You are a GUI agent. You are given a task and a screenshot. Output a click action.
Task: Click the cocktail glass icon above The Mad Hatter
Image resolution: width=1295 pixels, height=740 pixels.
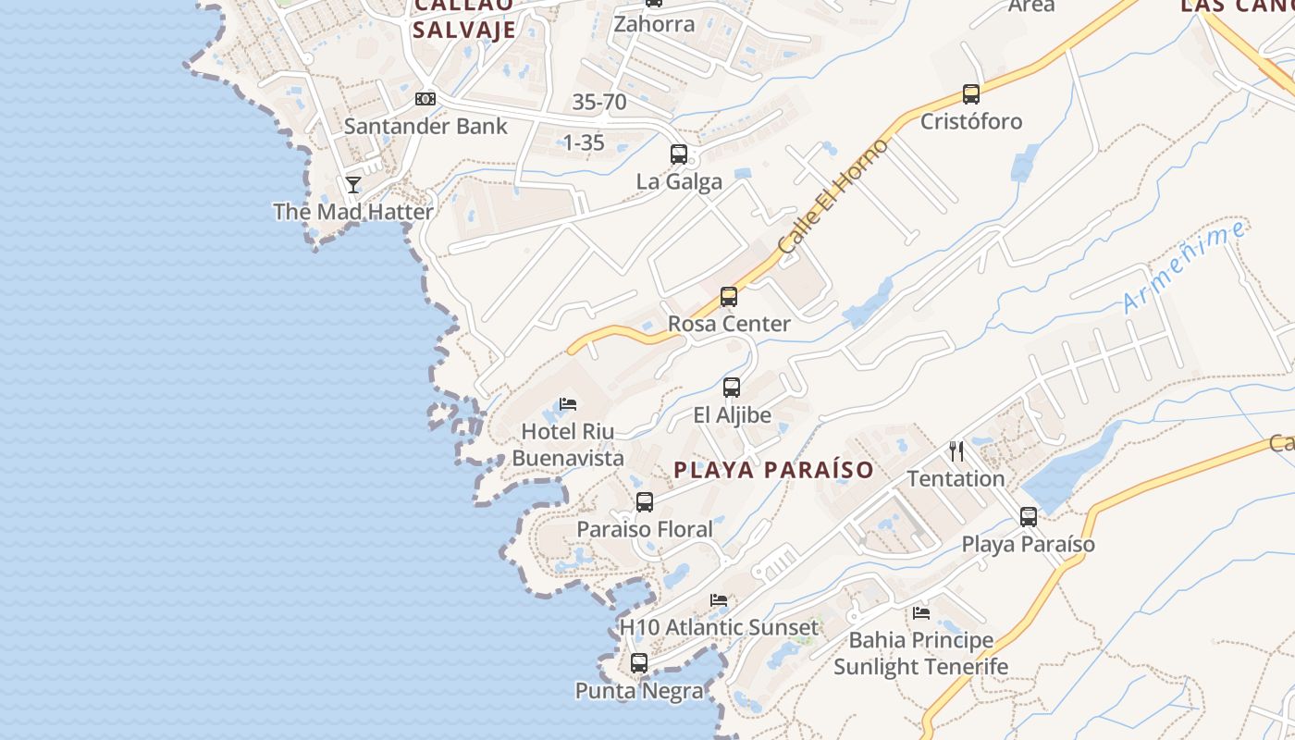click(x=353, y=185)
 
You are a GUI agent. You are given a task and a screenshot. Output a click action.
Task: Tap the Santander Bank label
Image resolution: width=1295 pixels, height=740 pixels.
click(x=425, y=126)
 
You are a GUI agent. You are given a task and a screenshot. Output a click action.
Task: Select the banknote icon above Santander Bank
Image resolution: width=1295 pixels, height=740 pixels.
click(x=425, y=98)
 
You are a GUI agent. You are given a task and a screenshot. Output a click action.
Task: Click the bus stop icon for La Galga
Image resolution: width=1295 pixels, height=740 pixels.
click(x=679, y=154)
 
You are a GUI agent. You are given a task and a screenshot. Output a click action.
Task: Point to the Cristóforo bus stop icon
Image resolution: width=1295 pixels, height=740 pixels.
click(x=971, y=94)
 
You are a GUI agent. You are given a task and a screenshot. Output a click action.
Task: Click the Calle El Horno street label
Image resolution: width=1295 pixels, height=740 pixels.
click(x=833, y=196)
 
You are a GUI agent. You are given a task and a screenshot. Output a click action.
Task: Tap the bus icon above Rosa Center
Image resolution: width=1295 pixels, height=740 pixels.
click(x=729, y=297)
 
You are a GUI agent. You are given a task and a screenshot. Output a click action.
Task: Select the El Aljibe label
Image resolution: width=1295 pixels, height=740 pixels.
click(x=733, y=415)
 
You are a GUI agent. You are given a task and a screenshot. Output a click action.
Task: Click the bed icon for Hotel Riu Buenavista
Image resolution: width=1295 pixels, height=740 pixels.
click(x=568, y=404)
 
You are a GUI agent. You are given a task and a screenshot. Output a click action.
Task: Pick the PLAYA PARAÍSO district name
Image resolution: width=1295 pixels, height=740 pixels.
click(x=773, y=470)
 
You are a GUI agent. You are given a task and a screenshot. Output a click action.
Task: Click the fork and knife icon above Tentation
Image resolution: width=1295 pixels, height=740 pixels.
click(x=956, y=451)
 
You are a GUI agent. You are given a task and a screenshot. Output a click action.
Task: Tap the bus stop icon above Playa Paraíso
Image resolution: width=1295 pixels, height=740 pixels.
click(x=1029, y=517)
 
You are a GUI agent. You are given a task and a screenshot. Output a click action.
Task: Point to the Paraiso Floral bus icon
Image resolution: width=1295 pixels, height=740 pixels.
click(x=645, y=502)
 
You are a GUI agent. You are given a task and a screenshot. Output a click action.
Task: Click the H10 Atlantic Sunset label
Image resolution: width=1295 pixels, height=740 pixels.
click(x=719, y=627)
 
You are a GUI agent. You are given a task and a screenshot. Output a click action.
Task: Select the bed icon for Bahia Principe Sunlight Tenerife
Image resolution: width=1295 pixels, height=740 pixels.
click(x=921, y=612)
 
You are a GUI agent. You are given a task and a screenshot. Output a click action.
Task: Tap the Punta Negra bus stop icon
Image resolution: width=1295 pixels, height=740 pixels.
click(x=639, y=663)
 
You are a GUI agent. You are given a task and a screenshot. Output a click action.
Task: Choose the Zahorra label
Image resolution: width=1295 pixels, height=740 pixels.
click(x=654, y=24)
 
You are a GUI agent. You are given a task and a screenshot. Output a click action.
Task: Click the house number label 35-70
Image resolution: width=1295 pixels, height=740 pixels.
click(x=599, y=102)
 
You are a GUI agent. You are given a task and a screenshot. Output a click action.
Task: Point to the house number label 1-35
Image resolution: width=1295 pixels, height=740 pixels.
click(x=584, y=142)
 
